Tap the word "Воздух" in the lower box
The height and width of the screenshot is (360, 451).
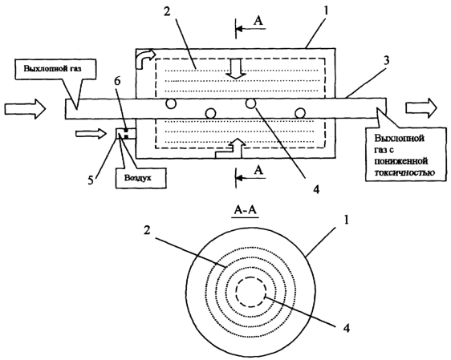coord(137,178)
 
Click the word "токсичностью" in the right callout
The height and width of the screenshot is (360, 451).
coord(404,172)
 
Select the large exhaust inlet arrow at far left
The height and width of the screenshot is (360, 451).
coord(25,108)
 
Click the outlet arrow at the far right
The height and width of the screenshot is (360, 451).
coord(421,108)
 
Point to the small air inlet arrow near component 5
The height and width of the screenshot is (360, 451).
coord(91,134)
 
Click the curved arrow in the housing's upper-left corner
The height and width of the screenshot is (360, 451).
coord(144,59)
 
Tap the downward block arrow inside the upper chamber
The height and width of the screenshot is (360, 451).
coord(236,69)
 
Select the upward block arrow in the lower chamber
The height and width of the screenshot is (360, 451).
coord(230,147)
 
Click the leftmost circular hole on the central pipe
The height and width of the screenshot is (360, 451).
coord(171,103)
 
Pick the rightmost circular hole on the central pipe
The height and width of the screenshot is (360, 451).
coord(300,113)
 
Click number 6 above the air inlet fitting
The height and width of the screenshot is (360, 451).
coord(118,82)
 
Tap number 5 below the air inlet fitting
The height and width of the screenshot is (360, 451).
coord(91,180)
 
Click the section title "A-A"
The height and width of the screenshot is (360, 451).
coord(246,211)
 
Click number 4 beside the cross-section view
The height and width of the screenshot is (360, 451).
coord(347,328)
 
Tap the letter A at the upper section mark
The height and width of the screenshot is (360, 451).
coord(258,21)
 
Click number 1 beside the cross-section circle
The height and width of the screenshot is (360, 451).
coord(347,221)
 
